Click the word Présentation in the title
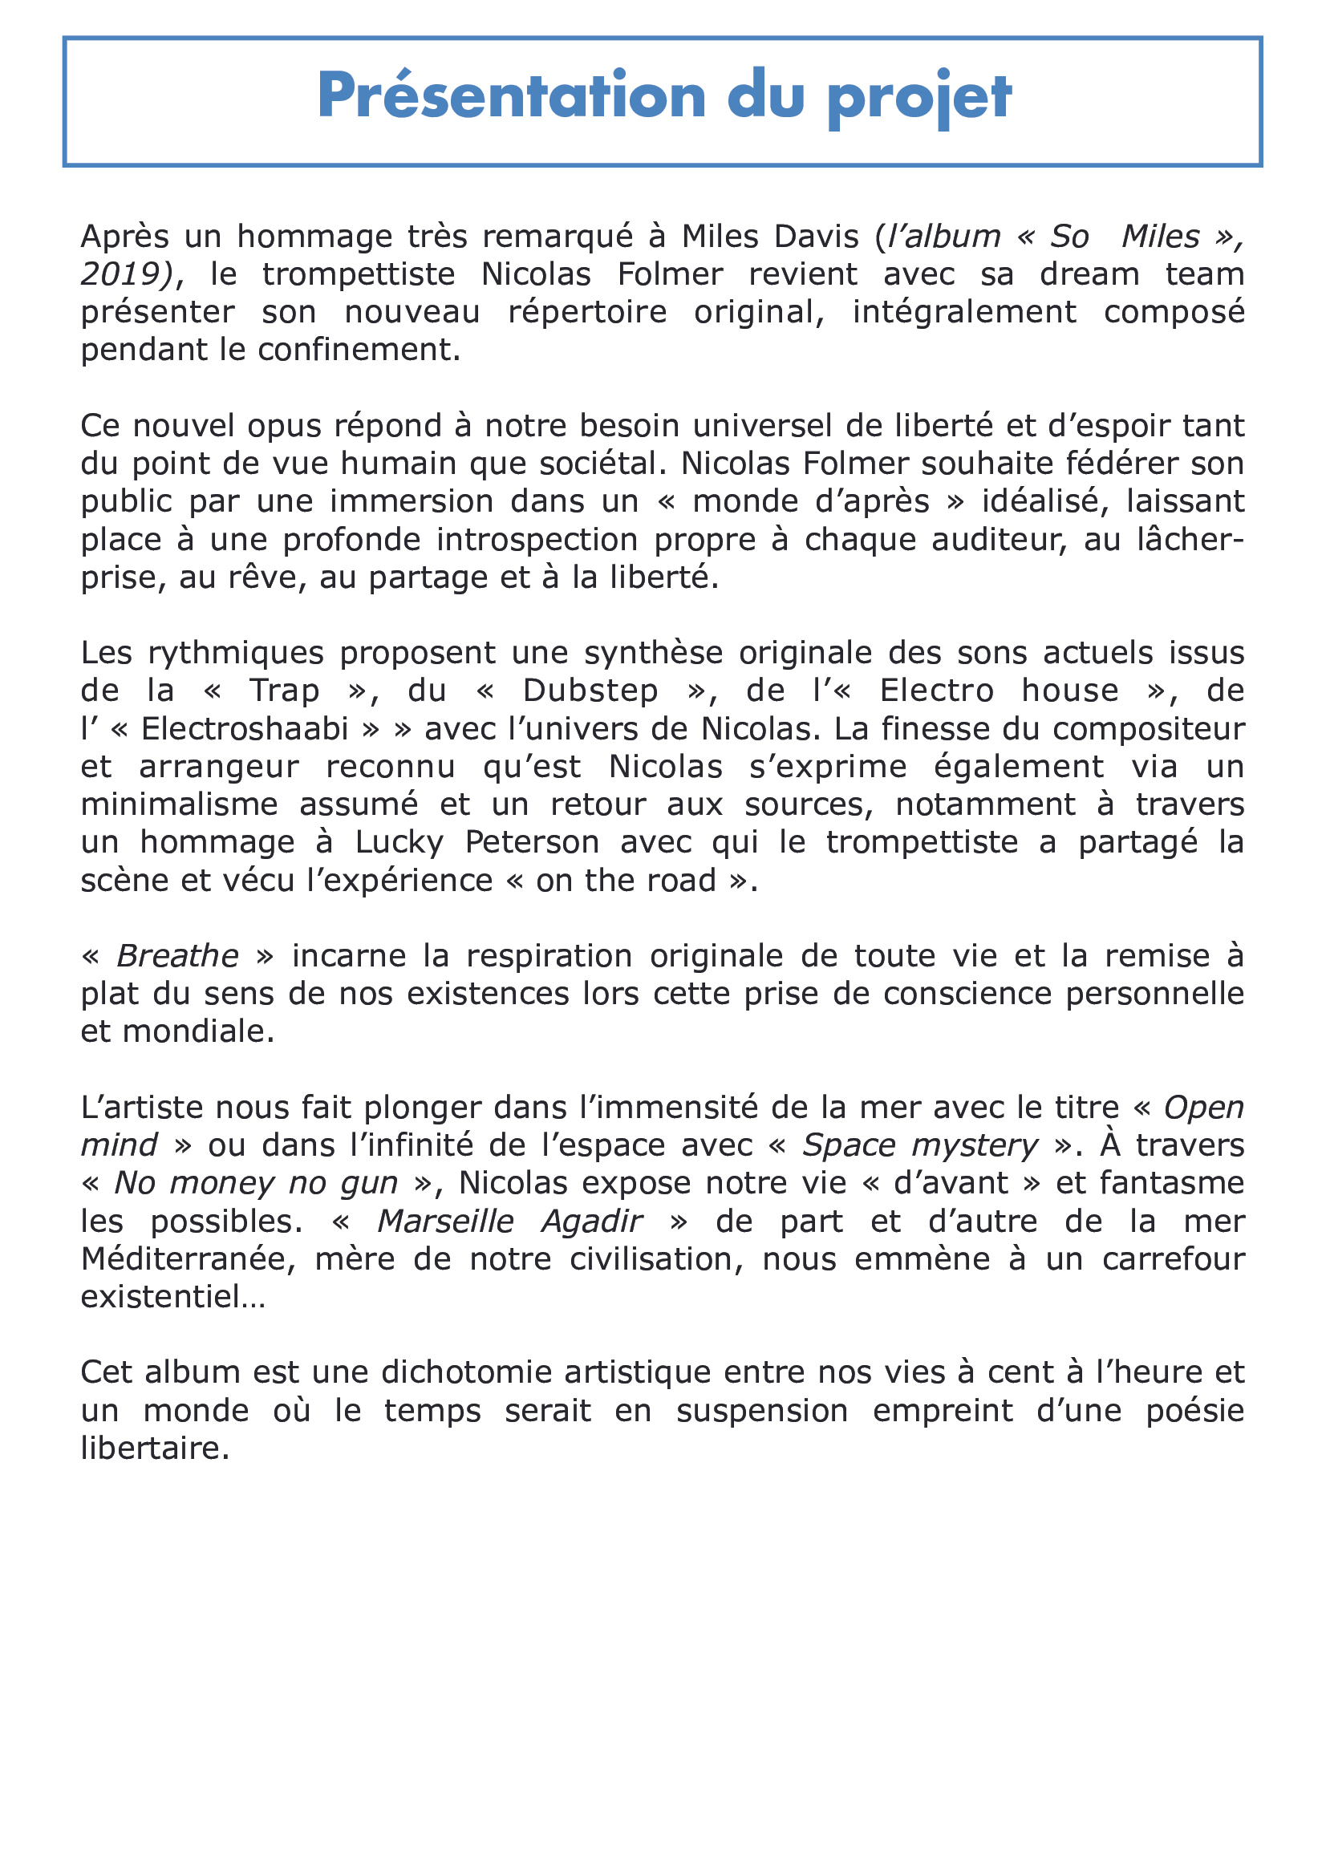[511, 96]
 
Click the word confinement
[359, 350]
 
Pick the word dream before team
[1089, 273]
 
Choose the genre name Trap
[284, 691]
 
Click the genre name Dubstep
[590, 691]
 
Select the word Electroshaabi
[245, 728]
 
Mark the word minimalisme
[179, 804]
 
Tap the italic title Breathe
[177, 955]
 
